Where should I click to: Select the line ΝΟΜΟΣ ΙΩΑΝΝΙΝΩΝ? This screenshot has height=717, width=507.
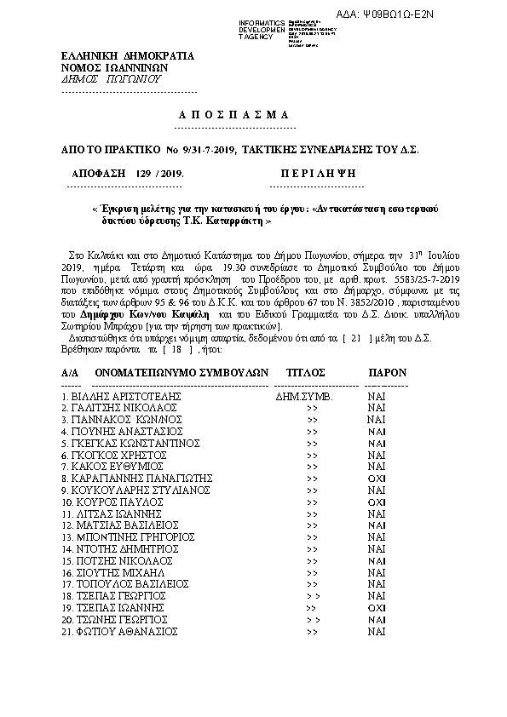coord(114,68)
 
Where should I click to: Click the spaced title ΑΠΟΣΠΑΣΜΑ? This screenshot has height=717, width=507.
coord(234,115)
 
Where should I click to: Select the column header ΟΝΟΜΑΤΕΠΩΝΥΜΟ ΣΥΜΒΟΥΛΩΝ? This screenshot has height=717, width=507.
coord(181,372)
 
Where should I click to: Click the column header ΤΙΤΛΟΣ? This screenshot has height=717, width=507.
coord(306,372)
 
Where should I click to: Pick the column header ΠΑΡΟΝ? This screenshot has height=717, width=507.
coord(387,372)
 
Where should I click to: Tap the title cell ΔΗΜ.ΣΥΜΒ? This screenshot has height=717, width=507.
coord(305,397)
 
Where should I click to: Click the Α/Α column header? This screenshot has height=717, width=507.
coord(70,372)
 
